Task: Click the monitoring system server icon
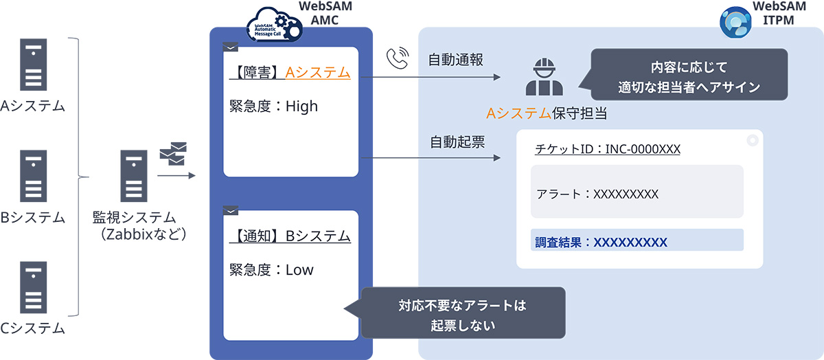click(134, 176)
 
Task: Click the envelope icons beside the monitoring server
click(173, 155)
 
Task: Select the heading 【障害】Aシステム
click(290, 73)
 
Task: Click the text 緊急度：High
click(273, 106)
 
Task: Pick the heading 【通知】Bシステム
click(290, 236)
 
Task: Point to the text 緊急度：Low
click(271, 270)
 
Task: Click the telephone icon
click(397, 60)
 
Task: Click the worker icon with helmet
click(544, 76)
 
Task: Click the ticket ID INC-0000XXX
click(607, 149)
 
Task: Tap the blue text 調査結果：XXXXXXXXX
click(601, 242)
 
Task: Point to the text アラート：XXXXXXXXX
click(597, 194)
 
